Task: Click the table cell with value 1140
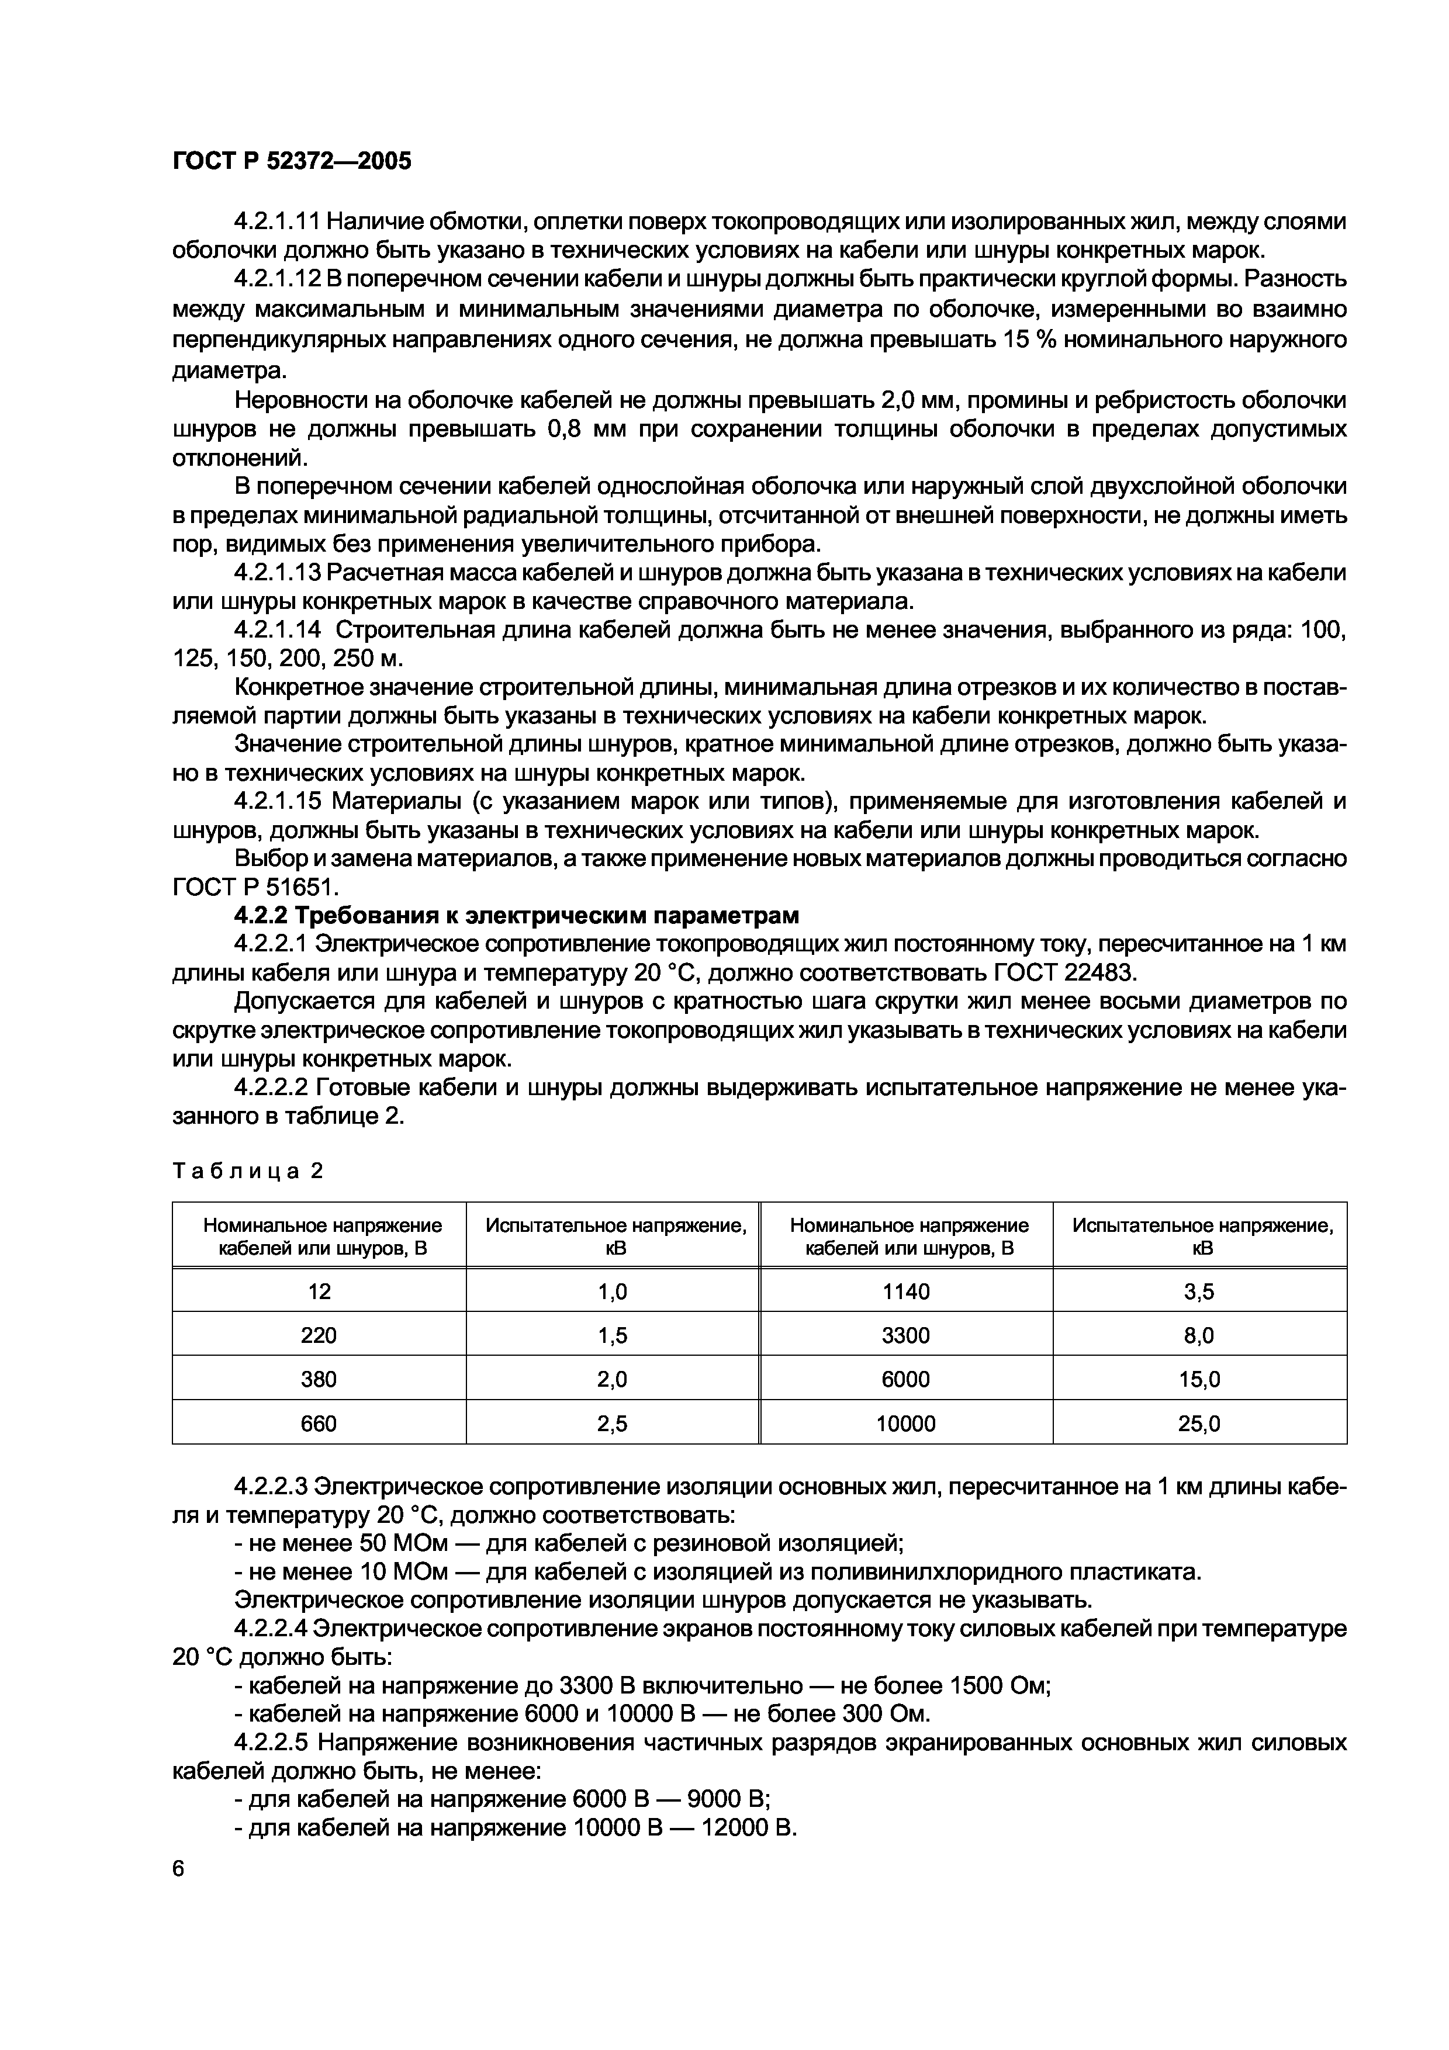pos(905,1291)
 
